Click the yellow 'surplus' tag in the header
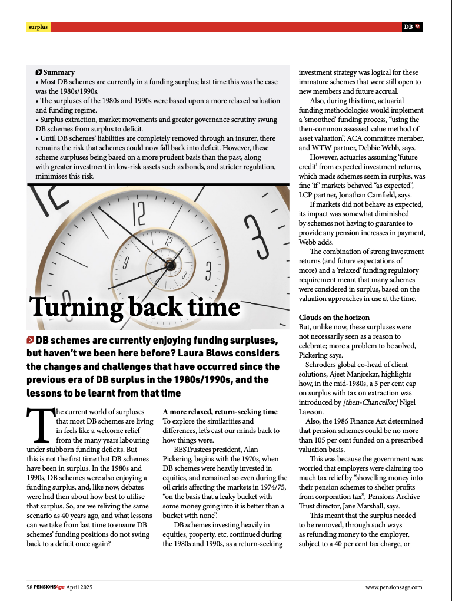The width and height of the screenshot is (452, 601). (38, 27)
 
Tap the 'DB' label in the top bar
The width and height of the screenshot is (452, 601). (408, 27)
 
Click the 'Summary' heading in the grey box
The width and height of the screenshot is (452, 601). (59, 72)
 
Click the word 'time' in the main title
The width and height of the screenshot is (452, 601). (218, 308)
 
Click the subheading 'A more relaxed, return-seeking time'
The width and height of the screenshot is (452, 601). (220, 412)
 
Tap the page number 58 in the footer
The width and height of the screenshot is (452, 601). (29, 587)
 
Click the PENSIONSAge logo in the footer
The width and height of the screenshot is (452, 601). (49, 587)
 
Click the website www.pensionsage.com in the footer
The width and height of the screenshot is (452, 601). (394, 587)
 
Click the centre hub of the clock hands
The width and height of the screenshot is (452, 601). (169, 266)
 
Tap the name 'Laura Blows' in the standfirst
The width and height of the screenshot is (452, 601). (228, 354)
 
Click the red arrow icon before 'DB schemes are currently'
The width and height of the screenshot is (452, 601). (30, 340)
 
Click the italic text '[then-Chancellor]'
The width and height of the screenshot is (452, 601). (370, 402)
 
